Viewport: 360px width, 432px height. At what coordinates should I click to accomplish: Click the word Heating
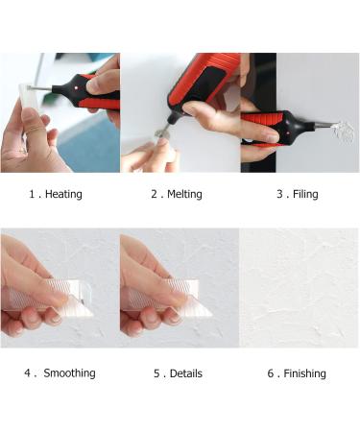click(64, 194)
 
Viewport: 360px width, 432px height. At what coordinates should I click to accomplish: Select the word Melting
click(183, 194)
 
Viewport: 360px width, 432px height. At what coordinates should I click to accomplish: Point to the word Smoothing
click(69, 372)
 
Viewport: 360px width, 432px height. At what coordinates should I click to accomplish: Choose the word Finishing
click(304, 372)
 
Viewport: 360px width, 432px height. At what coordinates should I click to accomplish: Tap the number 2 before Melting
click(154, 194)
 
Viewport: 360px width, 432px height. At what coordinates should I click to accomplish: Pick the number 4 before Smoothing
click(28, 372)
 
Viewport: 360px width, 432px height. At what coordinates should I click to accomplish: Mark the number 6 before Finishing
click(271, 372)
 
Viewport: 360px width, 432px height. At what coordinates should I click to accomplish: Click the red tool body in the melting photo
click(203, 76)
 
